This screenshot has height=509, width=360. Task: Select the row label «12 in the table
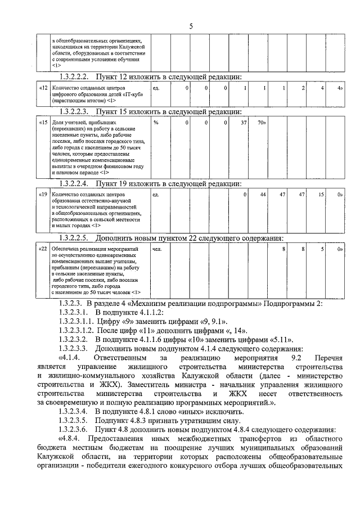[43, 88]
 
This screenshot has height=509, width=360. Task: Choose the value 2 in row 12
[303, 88]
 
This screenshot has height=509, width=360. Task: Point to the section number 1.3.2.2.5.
[75, 237]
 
